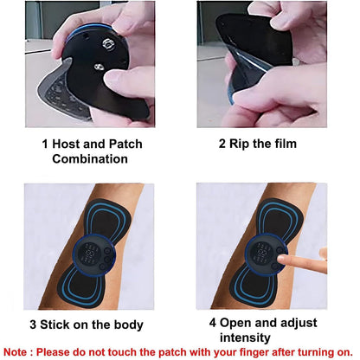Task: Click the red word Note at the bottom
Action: click(x=19, y=352)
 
